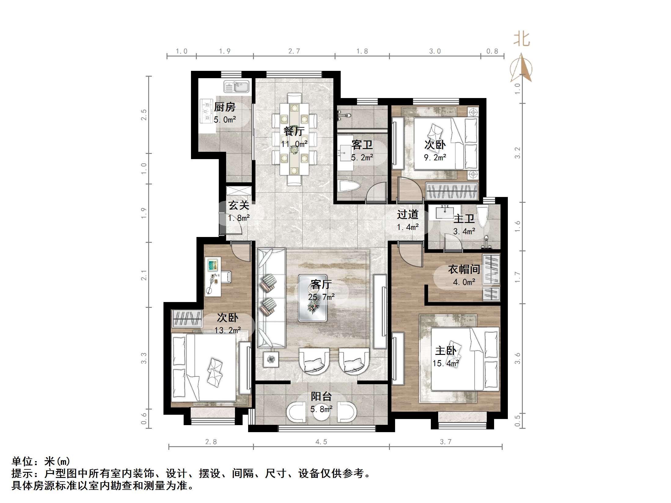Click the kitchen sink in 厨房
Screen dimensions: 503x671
pos(236,87)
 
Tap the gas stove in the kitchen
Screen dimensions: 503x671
pos(207,111)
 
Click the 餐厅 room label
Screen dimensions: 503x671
pos(294,131)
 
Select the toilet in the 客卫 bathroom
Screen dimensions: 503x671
pos(349,186)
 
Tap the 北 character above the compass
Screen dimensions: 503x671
pos(521,39)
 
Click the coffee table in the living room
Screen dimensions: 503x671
pos(313,298)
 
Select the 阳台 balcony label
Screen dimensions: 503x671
pos(321,396)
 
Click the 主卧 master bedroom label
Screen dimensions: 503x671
pos(446,351)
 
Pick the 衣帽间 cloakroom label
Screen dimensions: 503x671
pos(464,269)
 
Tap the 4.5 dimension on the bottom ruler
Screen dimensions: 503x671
pos(321,442)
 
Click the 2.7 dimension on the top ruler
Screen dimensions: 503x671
pos(294,51)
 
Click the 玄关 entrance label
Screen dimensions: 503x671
pos(239,205)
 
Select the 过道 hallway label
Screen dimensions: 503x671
pos(407,214)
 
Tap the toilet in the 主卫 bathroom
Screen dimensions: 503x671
pos(482,216)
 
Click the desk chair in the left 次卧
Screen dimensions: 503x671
pos(226,277)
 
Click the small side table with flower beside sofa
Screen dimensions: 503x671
pos(271,359)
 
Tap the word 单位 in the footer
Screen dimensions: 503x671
pos(22,461)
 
